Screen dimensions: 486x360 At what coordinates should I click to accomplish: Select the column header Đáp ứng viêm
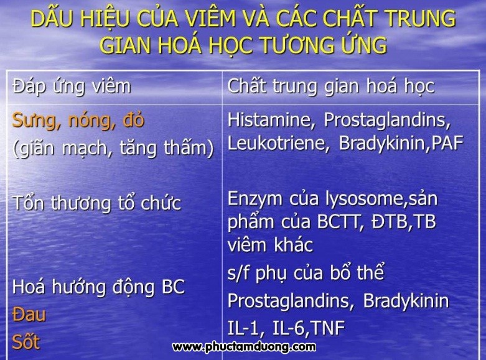[x=72, y=87]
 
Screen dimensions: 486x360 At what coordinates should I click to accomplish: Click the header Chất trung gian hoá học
[x=330, y=87]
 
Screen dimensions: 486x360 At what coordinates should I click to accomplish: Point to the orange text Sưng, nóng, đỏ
[x=78, y=121]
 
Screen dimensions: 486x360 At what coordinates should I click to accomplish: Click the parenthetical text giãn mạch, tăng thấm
[x=113, y=148]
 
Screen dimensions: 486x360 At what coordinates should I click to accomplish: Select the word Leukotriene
[x=278, y=143]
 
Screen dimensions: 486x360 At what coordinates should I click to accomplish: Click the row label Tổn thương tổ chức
[x=96, y=203]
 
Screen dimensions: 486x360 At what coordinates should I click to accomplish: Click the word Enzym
[x=255, y=199]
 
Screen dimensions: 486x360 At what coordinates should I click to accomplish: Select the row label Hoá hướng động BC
[x=98, y=287]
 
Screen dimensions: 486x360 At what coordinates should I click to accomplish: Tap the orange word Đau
[x=29, y=315]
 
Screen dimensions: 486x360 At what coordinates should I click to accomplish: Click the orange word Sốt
[x=26, y=342]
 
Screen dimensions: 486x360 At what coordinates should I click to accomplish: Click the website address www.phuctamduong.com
[x=244, y=347]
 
